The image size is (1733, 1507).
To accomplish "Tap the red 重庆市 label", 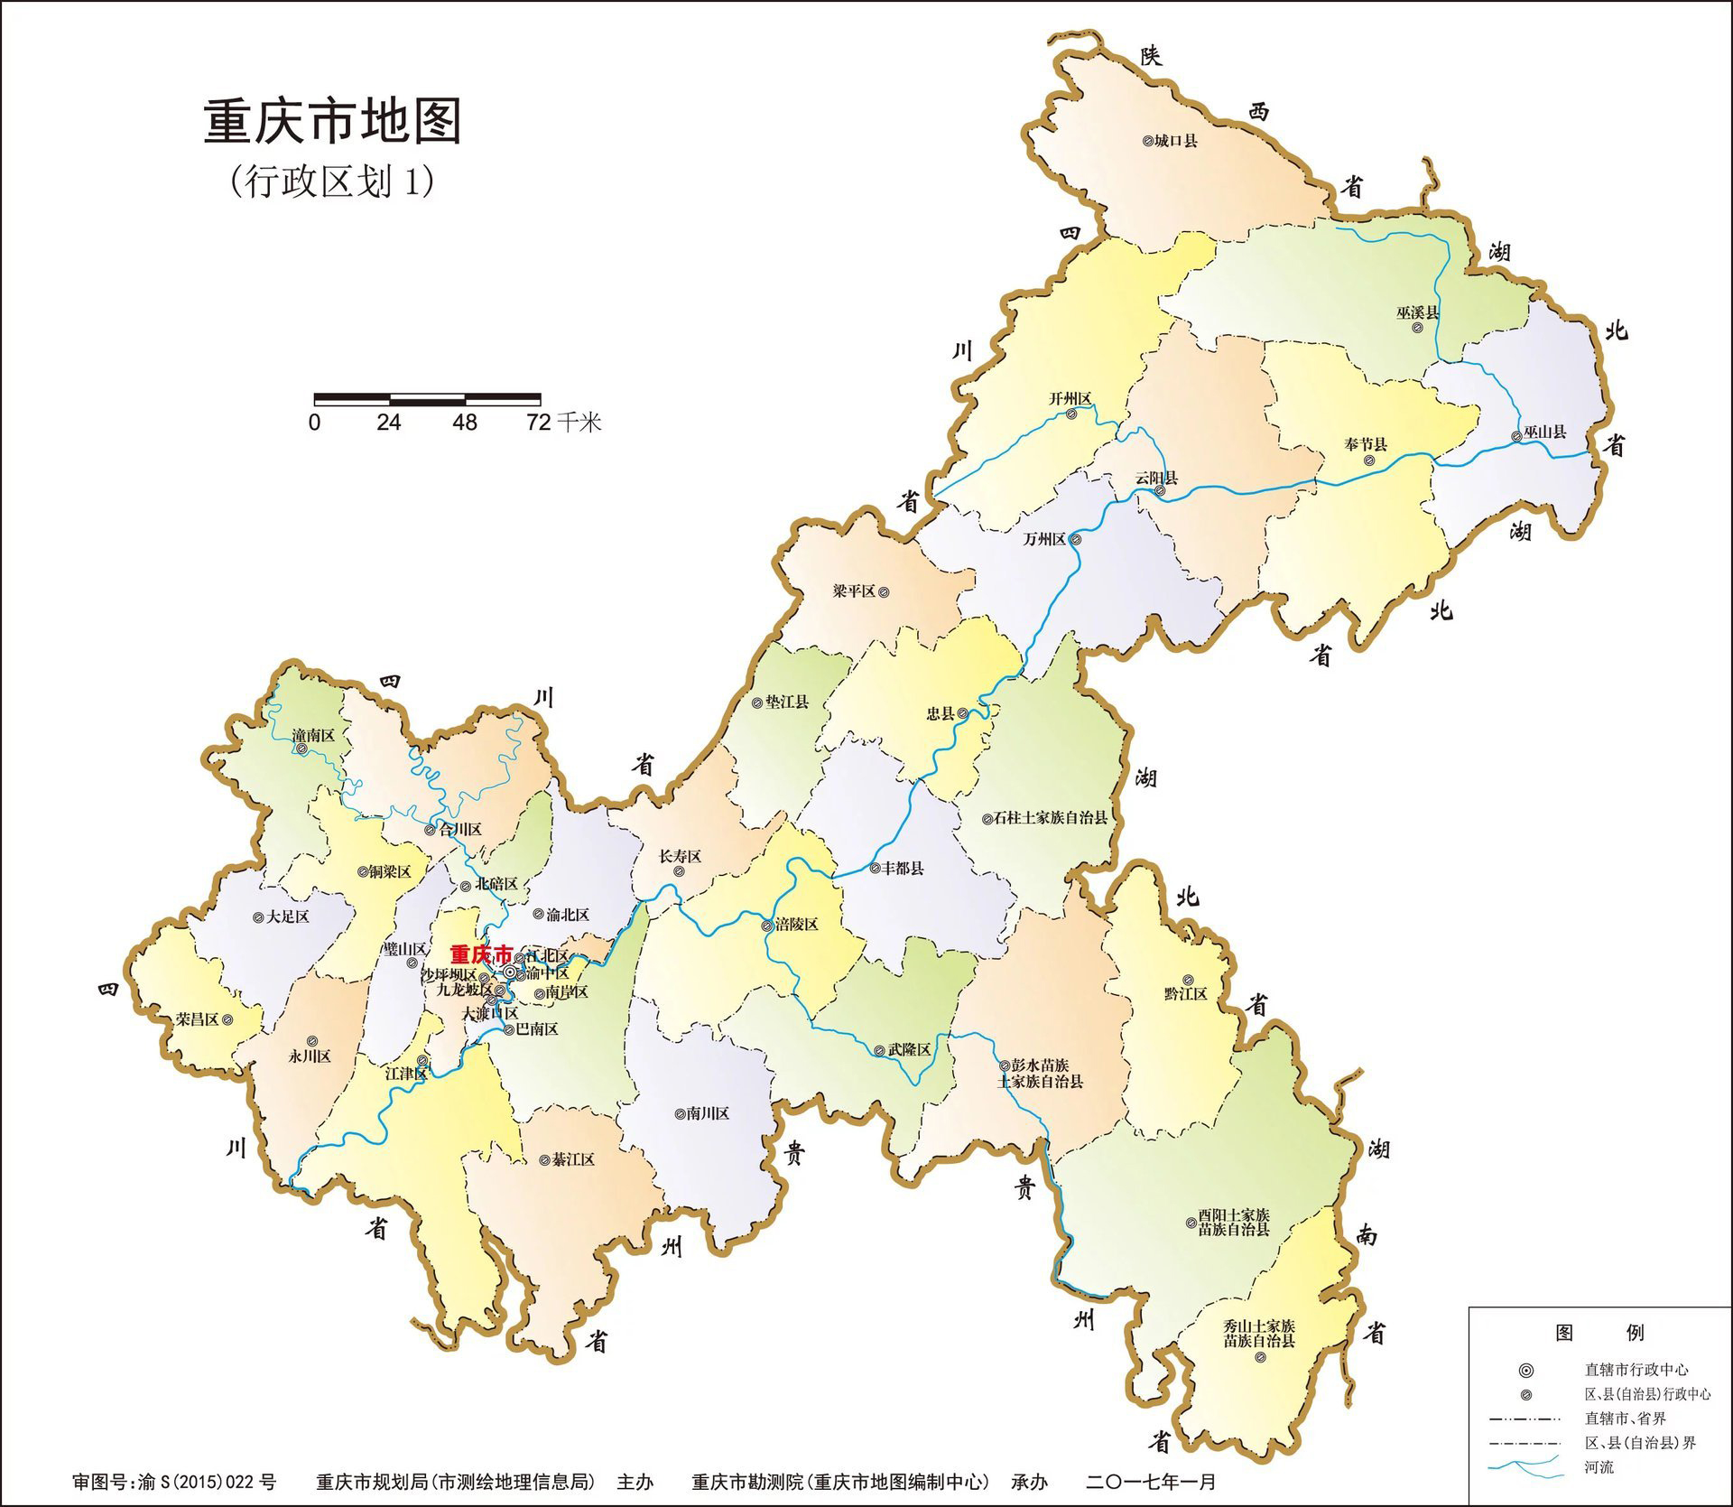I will pyautogui.click(x=481, y=954).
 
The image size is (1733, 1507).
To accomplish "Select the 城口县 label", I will pyautogui.click(x=1176, y=141).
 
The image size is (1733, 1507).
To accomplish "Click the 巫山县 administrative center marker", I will pyautogui.click(x=1516, y=438).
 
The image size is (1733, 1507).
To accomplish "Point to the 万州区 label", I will pyautogui.click(x=1045, y=540).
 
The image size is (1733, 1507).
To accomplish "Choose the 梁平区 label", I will pyautogui.click(x=854, y=591).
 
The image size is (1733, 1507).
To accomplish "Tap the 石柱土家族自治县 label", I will pyautogui.click(x=1051, y=818).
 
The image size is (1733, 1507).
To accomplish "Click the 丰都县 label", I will pyautogui.click(x=903, y=868).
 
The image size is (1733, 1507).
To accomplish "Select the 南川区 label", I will pyautogui.click(x=708, y=1113).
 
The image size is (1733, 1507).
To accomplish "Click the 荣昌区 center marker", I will pyautogui.click(x=227, y=1019).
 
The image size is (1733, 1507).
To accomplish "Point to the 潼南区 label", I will pyautogui.click(x=313, y=736).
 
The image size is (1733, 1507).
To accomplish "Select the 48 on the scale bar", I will pyautogui.click(x=465, y=422).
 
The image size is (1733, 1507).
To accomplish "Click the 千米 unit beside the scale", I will pyautogui.click(x=579, y=422).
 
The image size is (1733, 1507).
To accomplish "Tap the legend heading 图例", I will pyautogui.click(x=1600, y=1332).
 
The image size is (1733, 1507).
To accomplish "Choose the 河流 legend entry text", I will pyautogui.click(x=1599, y=1467).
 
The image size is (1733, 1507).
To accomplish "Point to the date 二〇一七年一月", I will pyautogui.click(x=1151, y=1482).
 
